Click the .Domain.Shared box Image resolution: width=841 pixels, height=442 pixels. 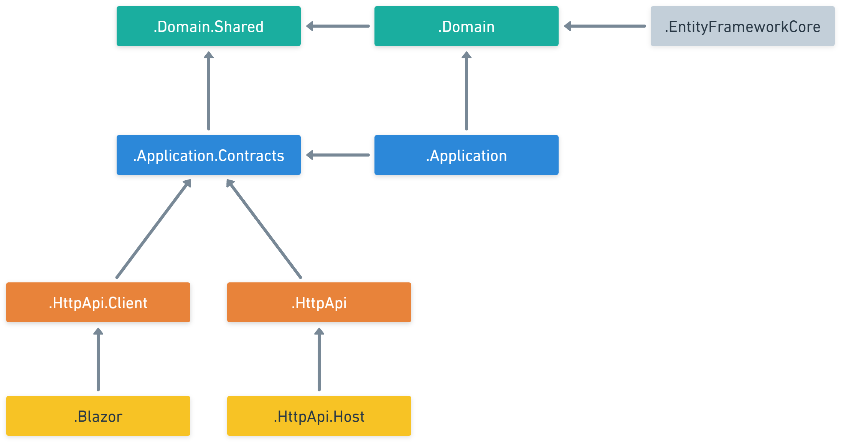pyautogui.click(x=208, y=26)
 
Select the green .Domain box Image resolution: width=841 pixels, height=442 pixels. pyautogui.click(x=466, y=26)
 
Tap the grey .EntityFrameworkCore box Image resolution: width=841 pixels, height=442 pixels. pyautogui.click(x=742, y=26)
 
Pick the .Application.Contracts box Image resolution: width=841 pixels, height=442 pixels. pyautogui.click(x=208, y=155)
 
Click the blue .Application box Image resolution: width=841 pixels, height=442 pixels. pyautogui.click(x=466, y=155)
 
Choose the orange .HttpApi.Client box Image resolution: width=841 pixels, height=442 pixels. pyautogui.click(x=98, y=302)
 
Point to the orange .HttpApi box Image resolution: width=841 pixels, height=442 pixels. pyautogui.click(x=319, y=302)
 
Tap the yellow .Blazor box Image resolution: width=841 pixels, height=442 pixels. pyautogui.click(x=98, y=416)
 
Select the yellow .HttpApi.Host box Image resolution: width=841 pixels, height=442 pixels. pyautogui.click(x=319, y=416)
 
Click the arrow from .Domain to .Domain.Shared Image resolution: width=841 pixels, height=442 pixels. pyautogui.click(x=338, y=26)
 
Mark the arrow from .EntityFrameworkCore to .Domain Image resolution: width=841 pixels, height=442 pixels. pyautogui.click(x=605, y=26)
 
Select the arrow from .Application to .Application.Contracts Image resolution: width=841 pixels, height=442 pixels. pyautogui.click(x=338, y=155)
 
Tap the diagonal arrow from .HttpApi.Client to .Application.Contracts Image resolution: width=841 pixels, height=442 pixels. pyautogui.click(x=153, y=229)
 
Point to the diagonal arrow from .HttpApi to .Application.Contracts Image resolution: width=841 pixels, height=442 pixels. pyautogui.click(x=264, y=229)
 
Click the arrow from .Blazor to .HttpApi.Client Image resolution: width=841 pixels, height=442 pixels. pyautogui.click(x=98, y=359)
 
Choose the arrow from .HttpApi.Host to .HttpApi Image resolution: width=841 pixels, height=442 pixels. pyautogui.click(x=319, y=359)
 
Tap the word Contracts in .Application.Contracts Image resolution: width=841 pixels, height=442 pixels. pyautogui.click(x=251, y=156)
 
